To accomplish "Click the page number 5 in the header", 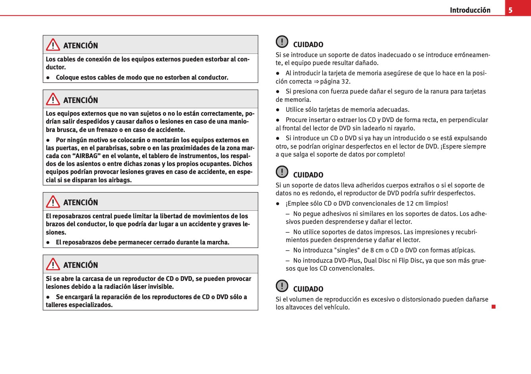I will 510,10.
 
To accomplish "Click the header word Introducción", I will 470,10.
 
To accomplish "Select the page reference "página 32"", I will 335,81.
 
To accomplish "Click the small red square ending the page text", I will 493,307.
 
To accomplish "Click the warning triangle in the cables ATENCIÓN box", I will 53,45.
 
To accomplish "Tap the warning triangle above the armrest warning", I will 53,202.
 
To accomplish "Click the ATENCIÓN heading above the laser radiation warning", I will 81,265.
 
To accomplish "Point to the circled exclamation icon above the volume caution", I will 282,286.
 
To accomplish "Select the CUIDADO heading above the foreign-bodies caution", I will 308,175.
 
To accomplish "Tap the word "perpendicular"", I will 468,120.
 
